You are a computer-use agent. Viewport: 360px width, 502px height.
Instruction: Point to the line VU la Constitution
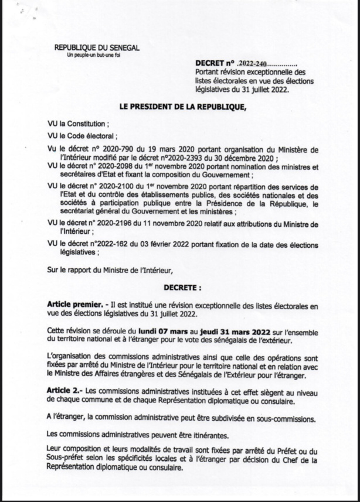77,124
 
